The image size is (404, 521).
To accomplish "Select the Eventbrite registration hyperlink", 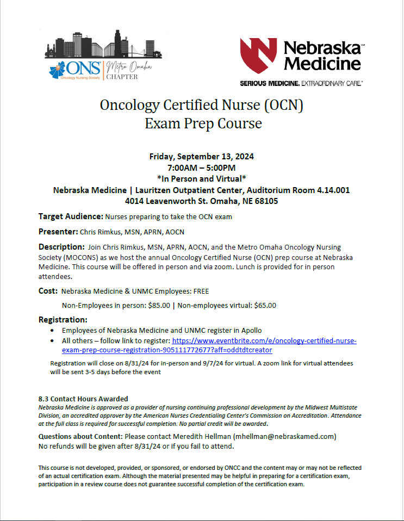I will [x=209, y=345].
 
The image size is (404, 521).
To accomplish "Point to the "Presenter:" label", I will [x=58, y=232].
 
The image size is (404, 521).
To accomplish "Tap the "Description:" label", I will [x=61, y=247].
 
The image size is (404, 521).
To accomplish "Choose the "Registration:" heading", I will [x=63, y=319].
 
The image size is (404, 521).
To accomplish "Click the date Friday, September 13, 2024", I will [x=202, y=157].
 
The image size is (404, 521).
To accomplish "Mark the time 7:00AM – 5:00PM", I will [x=202, y=168].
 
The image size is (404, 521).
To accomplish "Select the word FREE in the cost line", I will [x=194, y=291].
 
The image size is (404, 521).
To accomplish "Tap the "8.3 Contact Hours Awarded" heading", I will [x=83, y=399].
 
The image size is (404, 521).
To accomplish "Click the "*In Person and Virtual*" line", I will [x=202, y=179].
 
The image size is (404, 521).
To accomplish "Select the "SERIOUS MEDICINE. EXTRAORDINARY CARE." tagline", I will [x=301, y=83].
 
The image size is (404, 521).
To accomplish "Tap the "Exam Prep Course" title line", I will [x=203, y=124].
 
